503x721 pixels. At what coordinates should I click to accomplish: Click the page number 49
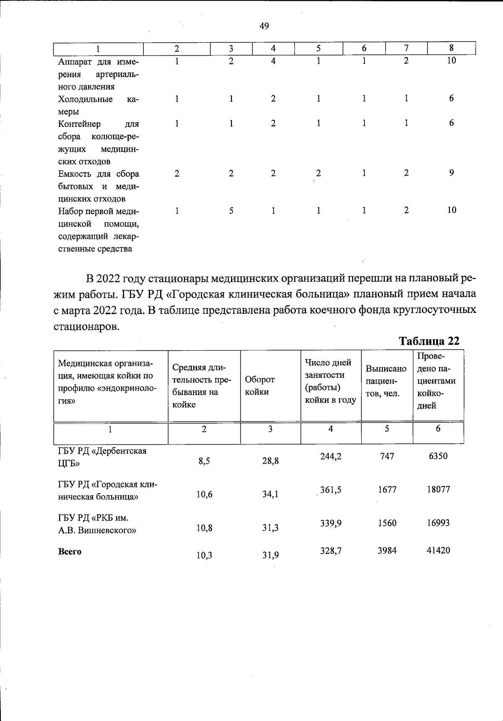(x=264, y=26)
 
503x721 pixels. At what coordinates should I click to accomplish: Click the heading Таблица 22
(x=429, y=341)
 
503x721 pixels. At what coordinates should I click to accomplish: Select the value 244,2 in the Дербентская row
(x=331, y=456)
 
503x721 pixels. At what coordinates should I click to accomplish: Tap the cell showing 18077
(x=438, y=489)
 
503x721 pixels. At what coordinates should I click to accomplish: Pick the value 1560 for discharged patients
(x=387, y=523)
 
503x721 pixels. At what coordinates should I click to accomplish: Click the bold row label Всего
(x=70, y=552)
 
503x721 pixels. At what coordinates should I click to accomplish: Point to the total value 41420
(x=438, y=550)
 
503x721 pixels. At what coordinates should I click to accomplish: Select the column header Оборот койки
(x=259, y=385)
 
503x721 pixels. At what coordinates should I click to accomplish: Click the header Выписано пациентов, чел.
(x=386, y=381)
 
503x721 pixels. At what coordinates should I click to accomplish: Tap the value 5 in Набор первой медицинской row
(x=231, y=211)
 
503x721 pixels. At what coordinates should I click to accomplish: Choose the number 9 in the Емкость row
(x=451, y=173)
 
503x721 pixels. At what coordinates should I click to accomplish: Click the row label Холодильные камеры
(x=98, y=105)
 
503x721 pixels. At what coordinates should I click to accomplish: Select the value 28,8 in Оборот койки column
(x=270, y=461)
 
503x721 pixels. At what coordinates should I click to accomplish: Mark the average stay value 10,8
(x=204, y=528)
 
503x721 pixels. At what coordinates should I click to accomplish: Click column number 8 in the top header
(x=451, y=48)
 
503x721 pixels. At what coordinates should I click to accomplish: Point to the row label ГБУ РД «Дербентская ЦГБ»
(x=102, y=457)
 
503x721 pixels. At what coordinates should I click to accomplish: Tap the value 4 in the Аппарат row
(x=273, y=61)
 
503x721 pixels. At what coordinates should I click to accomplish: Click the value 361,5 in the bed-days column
(x=331, y=490)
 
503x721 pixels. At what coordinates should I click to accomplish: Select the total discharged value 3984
(x=387, y=550)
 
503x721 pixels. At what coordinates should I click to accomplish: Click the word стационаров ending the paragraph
(x=86, y=326)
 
